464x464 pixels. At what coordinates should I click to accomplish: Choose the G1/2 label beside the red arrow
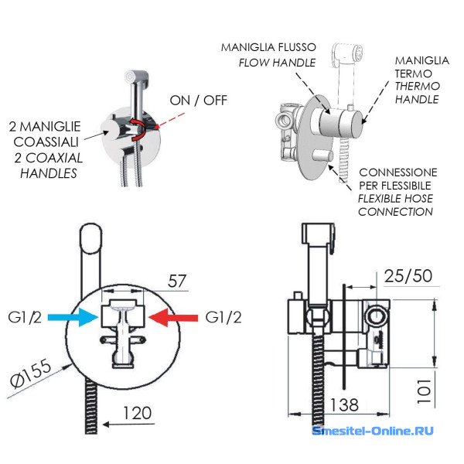225,317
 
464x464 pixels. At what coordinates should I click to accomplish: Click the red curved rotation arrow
142,128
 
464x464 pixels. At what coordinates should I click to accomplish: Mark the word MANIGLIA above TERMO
421,60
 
